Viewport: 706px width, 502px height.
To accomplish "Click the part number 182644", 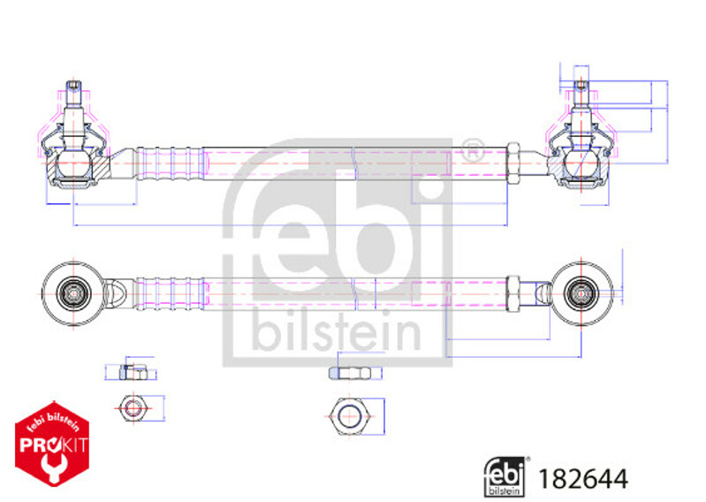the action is (582, 479).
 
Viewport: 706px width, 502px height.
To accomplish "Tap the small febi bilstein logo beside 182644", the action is (505, 476).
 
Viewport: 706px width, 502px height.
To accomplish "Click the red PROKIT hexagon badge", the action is (52, 444).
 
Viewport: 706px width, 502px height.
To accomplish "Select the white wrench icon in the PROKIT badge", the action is (53, 468).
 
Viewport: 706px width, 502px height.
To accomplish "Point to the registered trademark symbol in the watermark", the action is (473, 151).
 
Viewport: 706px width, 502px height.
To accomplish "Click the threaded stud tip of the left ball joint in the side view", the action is (74, 85).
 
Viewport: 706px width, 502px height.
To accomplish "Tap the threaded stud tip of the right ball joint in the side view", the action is (581, 85).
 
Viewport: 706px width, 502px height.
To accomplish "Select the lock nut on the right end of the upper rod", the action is (512, 163).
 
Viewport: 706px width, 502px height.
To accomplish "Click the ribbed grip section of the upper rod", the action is (170, 163).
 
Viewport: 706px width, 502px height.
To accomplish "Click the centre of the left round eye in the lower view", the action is (73, 294).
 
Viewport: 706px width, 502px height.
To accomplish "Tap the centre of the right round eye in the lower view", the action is (581, 293).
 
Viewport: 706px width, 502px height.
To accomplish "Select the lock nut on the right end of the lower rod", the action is (512, 293).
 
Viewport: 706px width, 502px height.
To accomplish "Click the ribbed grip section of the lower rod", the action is (170, 294).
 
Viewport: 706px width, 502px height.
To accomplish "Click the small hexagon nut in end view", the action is (133, 408).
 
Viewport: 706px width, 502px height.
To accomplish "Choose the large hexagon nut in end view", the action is (350, 416).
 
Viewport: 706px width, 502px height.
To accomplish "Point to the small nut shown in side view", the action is (133, 372).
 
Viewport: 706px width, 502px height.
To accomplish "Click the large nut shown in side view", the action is (349, 373).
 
